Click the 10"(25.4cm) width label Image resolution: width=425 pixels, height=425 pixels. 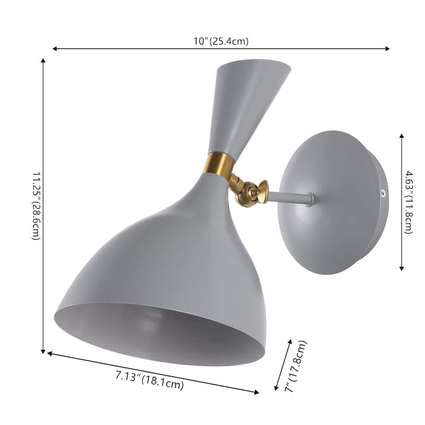221,41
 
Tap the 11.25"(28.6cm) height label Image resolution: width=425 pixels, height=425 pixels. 37,206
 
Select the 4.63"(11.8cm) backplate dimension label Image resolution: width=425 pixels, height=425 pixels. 409,202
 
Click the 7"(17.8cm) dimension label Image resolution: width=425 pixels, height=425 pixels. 295,367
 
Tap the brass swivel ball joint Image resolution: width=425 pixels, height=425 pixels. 247,193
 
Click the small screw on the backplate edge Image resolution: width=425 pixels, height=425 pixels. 383,193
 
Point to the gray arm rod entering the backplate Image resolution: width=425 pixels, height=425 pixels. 291,197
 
